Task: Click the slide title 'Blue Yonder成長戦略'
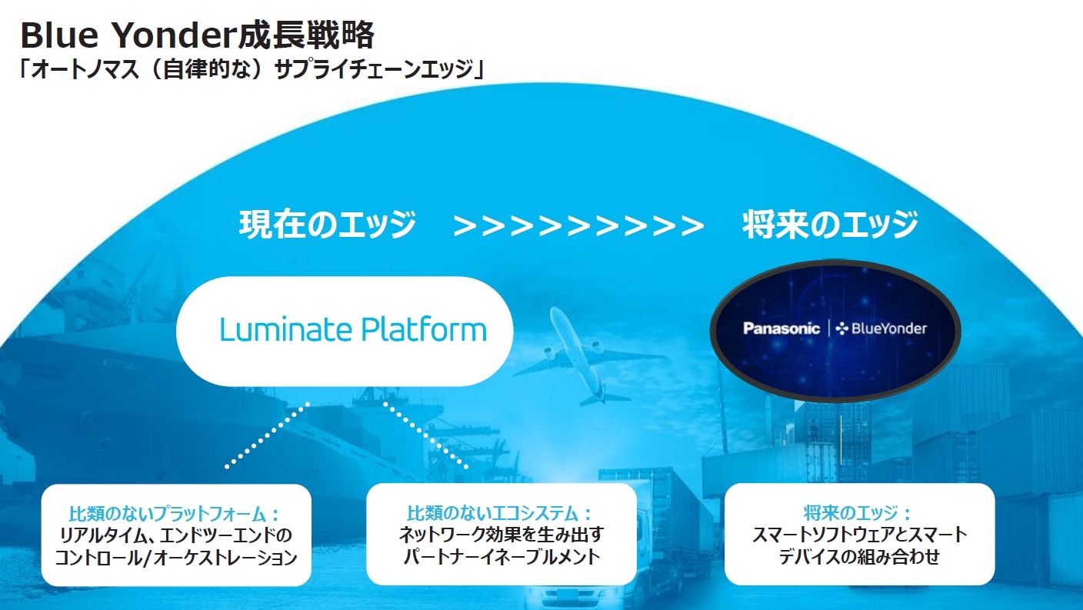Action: coord(197,35)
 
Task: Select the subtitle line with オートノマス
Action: coord(251,69)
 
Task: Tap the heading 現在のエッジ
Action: coord(328,225)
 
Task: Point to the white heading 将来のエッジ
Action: coord(830,225)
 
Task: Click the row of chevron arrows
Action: coord(578,225)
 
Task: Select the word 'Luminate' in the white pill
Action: coord(285,330)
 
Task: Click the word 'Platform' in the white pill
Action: coord(424,330)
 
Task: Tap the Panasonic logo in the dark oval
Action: coord(781,328)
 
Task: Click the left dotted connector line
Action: coord(268,435)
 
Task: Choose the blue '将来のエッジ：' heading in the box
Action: coord(857,513)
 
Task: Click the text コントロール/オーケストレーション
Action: coord(176,558)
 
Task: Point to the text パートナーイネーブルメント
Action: coord(502,557)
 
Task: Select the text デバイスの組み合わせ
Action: coord(859,557)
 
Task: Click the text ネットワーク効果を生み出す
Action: coord(502,535)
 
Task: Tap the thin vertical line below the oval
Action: coord(841,440)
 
